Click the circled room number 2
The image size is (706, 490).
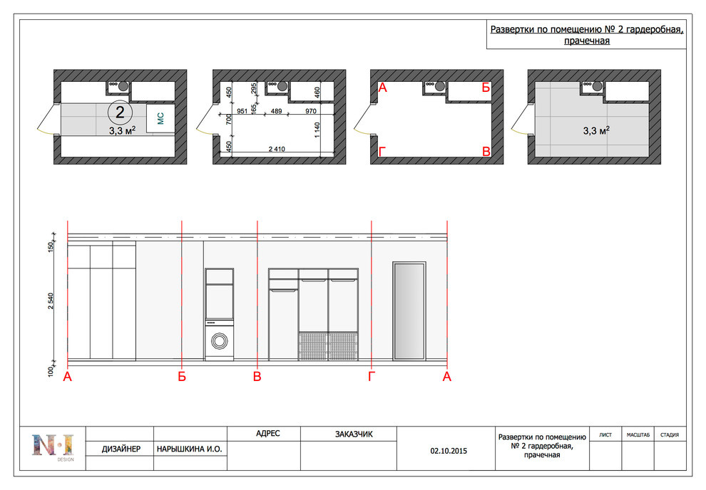tap(120, 112)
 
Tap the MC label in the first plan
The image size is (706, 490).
tap(160, 118)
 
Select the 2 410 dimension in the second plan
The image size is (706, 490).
tap(277, 149)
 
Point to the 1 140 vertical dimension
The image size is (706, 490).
tap(317, 130)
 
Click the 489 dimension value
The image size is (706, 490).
tap(276, 111)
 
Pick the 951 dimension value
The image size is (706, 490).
tap(242, 111)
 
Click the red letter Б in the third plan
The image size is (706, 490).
tap(486, 87)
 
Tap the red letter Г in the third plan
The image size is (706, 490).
tap(382, 152)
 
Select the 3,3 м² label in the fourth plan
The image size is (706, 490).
tap(596, 130)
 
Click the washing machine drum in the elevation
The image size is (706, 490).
tap(219, 340)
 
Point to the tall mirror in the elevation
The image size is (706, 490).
tap(409, 311)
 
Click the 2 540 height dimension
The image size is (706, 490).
tap(51, 301)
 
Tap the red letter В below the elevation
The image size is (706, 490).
tap(257, 376)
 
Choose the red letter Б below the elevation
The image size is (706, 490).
tap(181, 376)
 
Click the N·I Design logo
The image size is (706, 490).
tap(53, 447)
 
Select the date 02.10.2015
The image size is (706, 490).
tap(449, 451)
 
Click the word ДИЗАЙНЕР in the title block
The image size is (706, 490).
tap(121, 449)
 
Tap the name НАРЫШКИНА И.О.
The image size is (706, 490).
tap(190, 449)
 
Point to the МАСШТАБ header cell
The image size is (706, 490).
tap(638, 434)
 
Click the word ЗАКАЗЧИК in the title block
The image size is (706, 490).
tap(354, 434)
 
